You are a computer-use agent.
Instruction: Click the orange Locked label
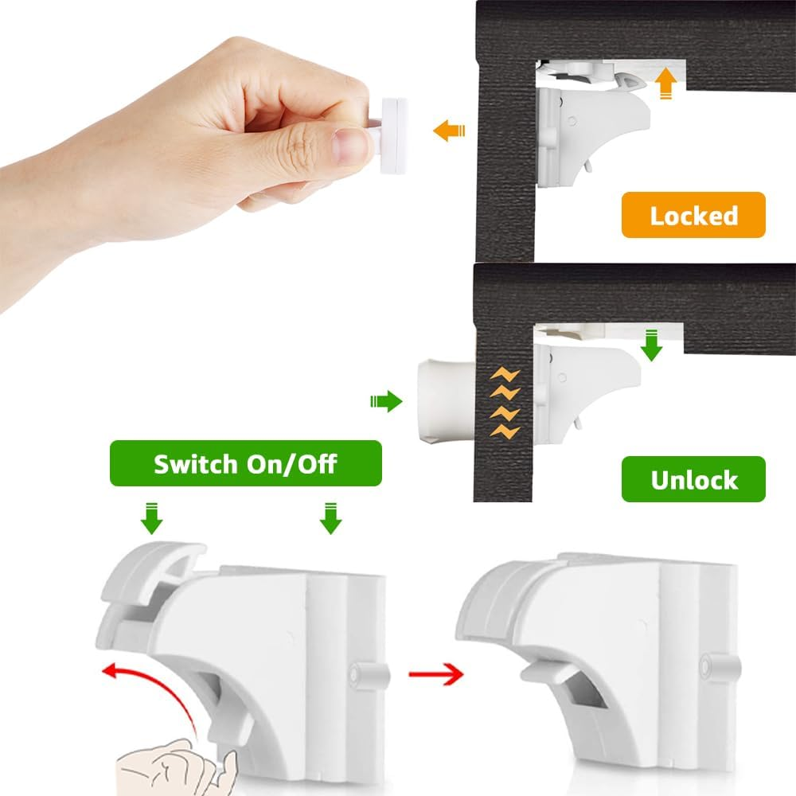693,215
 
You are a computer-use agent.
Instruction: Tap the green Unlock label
693,479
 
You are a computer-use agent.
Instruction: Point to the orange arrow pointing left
447,130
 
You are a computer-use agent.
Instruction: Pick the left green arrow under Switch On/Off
151,518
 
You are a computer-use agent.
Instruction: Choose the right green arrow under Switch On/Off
330,518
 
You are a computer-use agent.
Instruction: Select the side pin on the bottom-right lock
713,663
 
